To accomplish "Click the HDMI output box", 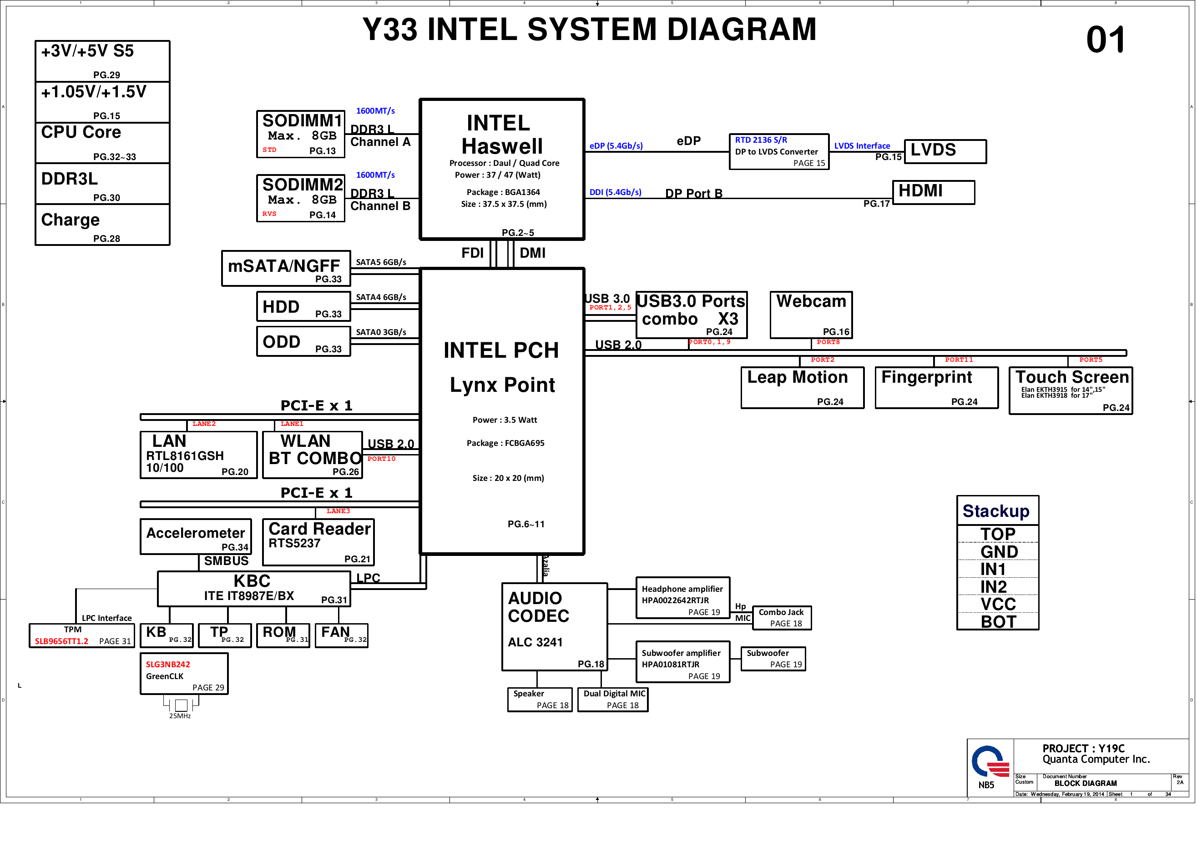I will pyautogui.click(x=933, y=192).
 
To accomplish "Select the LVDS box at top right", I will pyautogui.click(x=944, y=151).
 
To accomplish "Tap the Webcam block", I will pyautogui.click(x=811, y=315).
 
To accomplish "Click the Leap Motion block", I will pyautogui.click(x=802, y=388).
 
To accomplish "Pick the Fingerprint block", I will pyautogui.click(x=936, y=388).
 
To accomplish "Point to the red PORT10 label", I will pyautogui.click(x=381, y=459).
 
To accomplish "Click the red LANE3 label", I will pyautogui.click(x=338, y=511).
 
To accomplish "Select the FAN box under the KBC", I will pyautogui.click(x=342, y=635).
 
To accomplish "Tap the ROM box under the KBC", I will pyautogui.click(x=283, y=635).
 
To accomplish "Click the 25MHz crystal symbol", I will pyautogui.click(x=181, y=705).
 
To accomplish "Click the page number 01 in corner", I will pyautogui.click(x=1105, y=40).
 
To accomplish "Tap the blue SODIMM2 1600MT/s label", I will pyautogui.click(x=375, y=175).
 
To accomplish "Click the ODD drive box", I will pyautogui.click(x=303, y=342).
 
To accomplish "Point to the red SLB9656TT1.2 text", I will pyautogui.click(x=61, y=641).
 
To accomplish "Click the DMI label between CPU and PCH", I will pyautogui.click(x=532, y=253).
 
